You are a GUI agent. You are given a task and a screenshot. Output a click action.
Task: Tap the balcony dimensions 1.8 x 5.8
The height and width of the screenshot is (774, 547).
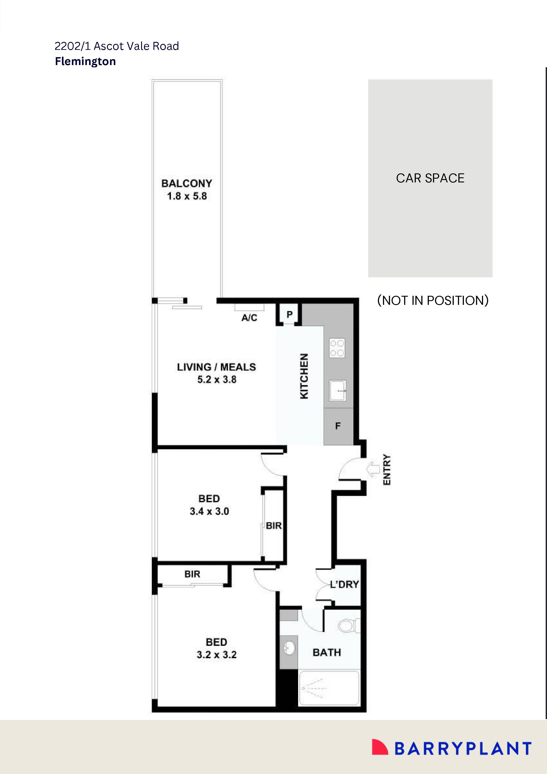click(x=187, y=196)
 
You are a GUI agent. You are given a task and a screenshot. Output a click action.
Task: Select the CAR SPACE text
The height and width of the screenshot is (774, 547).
click(x=430, y=178)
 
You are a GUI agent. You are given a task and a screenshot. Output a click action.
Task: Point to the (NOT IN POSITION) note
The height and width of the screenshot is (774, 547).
click(x=433, y=300)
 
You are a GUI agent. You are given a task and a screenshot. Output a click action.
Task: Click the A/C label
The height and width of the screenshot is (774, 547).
click(x=249, y=318)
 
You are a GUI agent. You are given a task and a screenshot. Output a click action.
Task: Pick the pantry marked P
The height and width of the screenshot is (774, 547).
click(x=289, y=315)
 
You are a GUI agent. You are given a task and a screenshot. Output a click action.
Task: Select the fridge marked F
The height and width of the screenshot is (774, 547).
click(x=338, y=426)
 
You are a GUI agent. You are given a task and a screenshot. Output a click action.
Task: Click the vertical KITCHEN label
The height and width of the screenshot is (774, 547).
click(x=304, y=376)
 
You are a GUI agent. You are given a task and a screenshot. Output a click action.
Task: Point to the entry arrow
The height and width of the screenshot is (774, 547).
click(x=373, y=469)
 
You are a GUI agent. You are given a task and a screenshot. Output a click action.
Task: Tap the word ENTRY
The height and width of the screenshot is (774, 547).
click(x=387, y=470)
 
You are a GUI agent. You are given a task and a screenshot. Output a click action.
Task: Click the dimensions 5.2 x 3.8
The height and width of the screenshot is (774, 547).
click(x=217, y=380)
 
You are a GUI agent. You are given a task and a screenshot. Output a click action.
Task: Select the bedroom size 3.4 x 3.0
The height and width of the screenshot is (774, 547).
click(x=209, y=511)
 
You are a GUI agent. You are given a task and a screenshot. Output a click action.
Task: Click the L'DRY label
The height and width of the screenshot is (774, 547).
click(x=344, y=584)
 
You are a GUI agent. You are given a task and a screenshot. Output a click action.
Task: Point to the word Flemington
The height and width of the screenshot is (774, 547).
click(x=85, y=61)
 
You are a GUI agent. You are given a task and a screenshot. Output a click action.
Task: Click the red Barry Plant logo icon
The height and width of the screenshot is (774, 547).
click(x=379, y=747)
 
